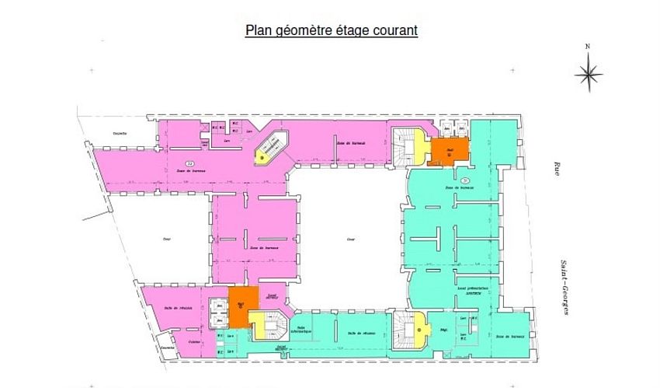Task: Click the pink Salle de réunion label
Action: coord(178,309)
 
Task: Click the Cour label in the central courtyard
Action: coord(351,240)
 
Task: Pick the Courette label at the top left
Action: coord(119,133)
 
